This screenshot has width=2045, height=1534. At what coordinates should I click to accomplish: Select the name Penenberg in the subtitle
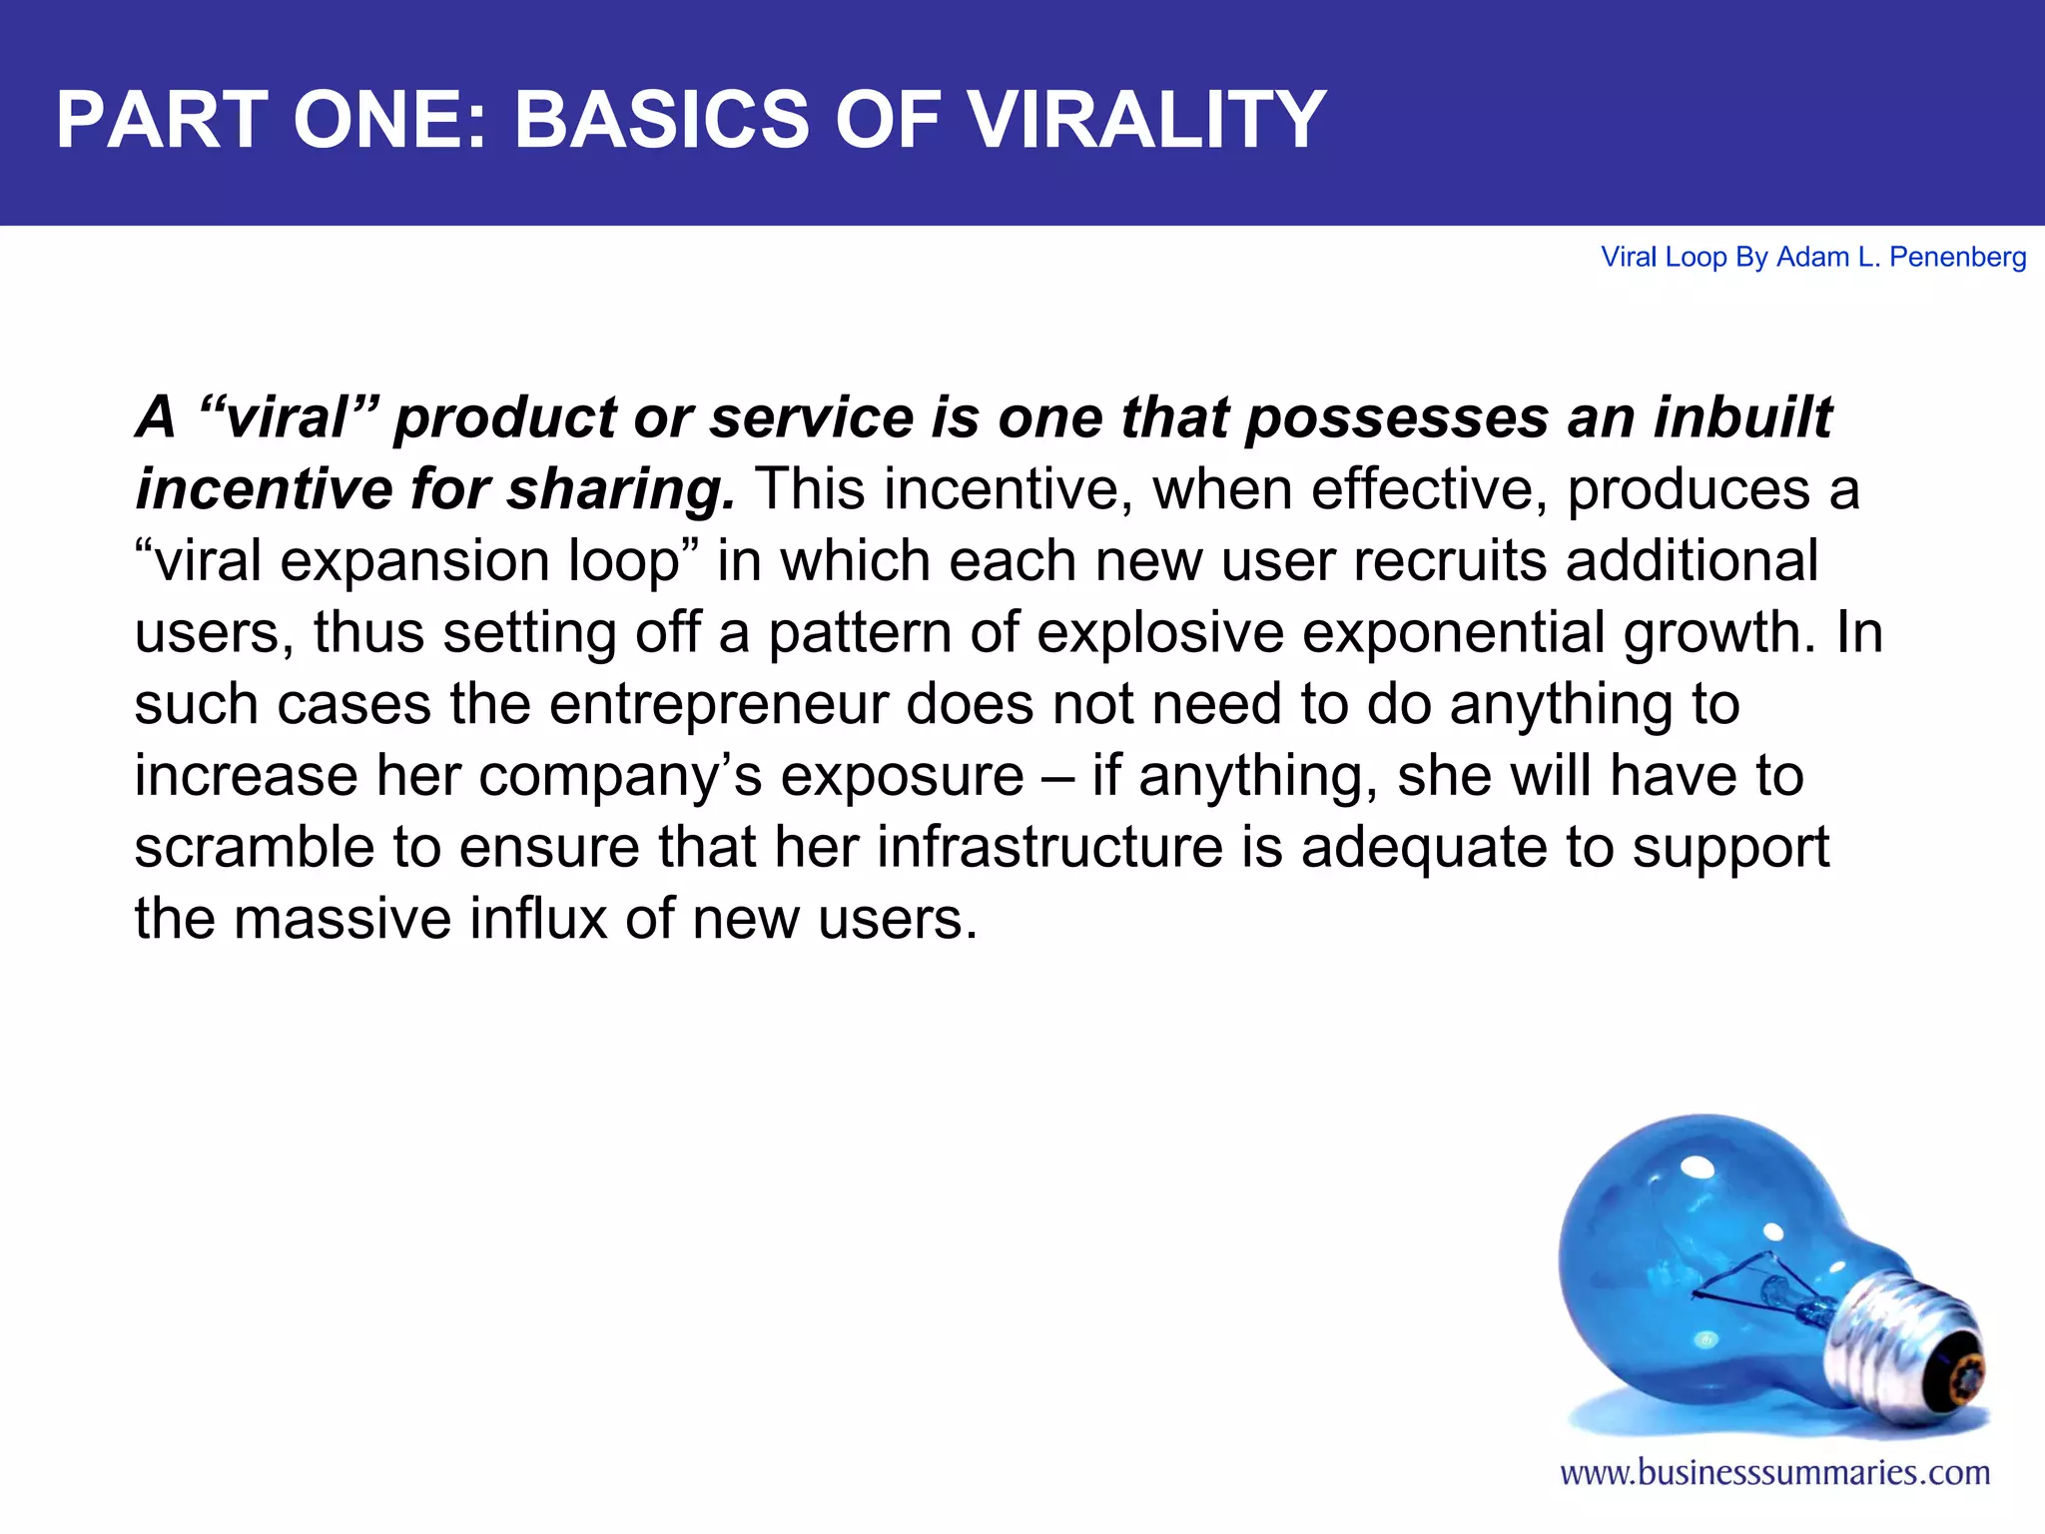click(x=1957, y=258)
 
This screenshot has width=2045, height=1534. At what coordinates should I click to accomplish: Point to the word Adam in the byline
click(x=1812, y=258)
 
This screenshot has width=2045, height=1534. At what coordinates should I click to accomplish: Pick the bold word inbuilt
click(x=1742, y=417)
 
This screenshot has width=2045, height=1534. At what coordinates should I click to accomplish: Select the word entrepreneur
click(x=719, y=705)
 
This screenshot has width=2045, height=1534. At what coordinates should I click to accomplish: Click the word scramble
click(x=255, y=847)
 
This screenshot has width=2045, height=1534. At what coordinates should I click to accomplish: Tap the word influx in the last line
click(x=538, y=919)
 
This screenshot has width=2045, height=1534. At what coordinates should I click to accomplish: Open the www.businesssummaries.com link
click(x=1774, y=1473)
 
